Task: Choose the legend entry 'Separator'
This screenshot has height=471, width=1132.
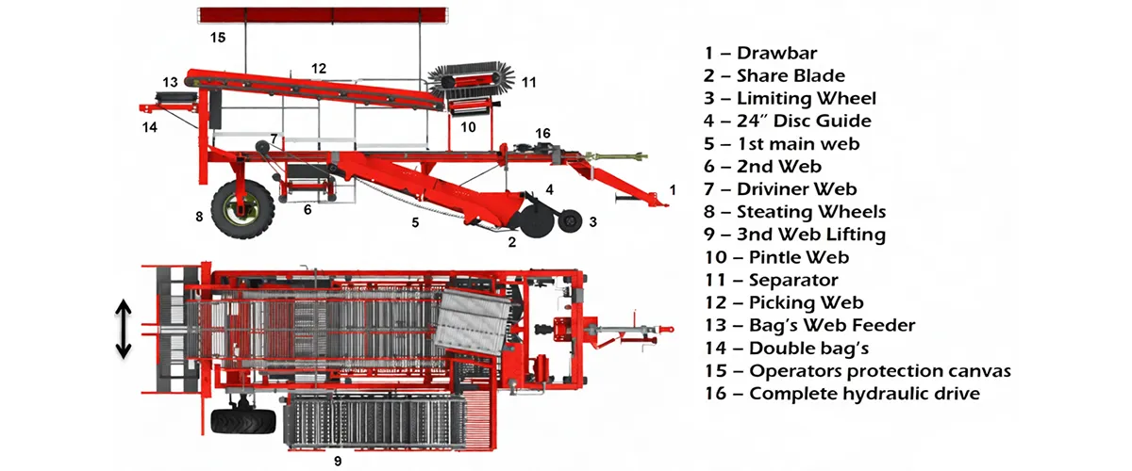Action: click(792, 280)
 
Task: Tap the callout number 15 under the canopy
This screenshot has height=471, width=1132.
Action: click(218, 38)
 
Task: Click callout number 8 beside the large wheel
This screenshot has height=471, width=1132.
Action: click(199, 217)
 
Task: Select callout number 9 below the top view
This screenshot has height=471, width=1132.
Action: click(337, 461)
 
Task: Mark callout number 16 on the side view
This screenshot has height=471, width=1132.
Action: click(542, 134)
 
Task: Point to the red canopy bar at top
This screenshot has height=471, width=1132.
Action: click(322, 14)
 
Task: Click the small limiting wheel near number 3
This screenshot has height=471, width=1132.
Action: click(569, 222)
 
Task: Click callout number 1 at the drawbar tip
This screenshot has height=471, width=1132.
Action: click(672, 189)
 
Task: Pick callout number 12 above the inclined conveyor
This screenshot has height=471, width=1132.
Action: click(319, 68)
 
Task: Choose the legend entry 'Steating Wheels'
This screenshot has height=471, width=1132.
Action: click(810, 212)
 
